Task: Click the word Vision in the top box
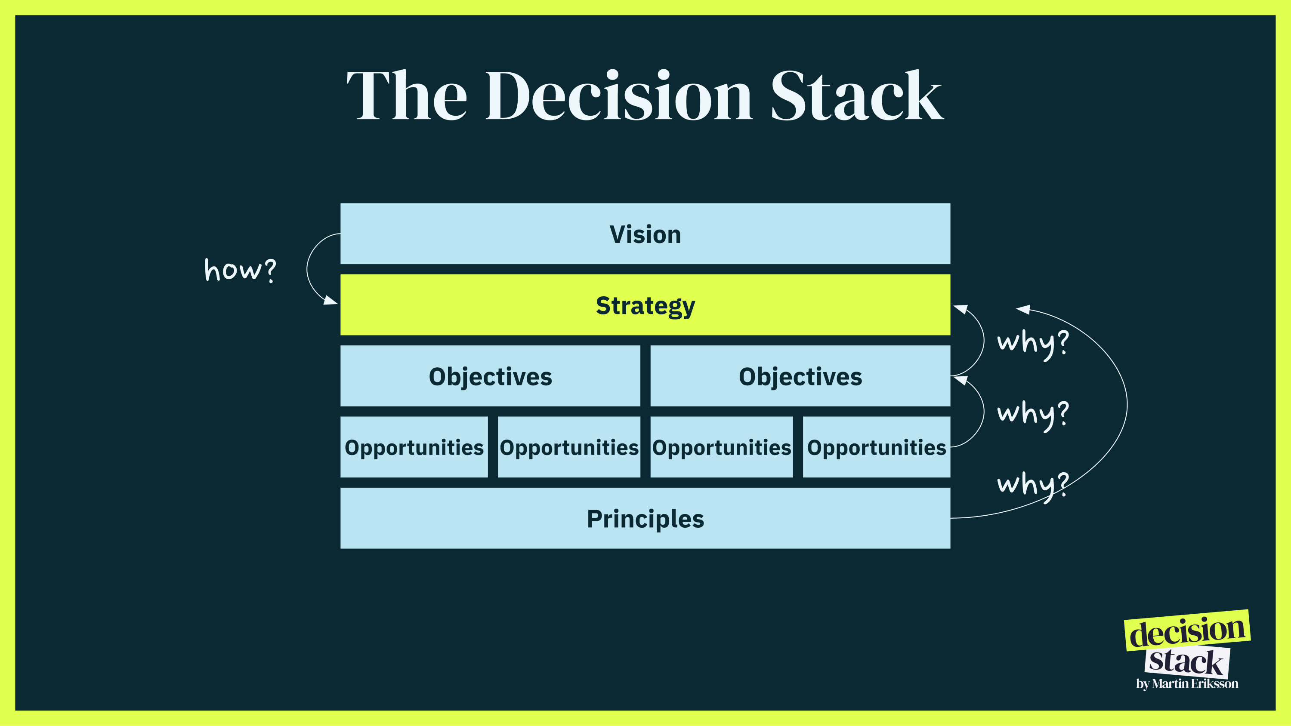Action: click(645, 234)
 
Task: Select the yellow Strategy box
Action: click(645, 305)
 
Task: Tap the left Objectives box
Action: click(490, 376)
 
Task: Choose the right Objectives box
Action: click(800, 376)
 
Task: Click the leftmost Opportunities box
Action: click(414, 447)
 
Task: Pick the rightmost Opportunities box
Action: click(876, 447)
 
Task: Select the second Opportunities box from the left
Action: click(569, 447)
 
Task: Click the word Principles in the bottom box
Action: click(645, 519)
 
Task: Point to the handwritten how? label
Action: click(240, 270)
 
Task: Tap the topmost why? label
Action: click(1033, 343)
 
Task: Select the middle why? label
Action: click(1033, 414)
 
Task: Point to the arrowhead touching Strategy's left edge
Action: click(331, 301)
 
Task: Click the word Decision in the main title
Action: click(618, 96)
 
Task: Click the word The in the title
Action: click(406, 96)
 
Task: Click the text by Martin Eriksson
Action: click(1187, 684)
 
